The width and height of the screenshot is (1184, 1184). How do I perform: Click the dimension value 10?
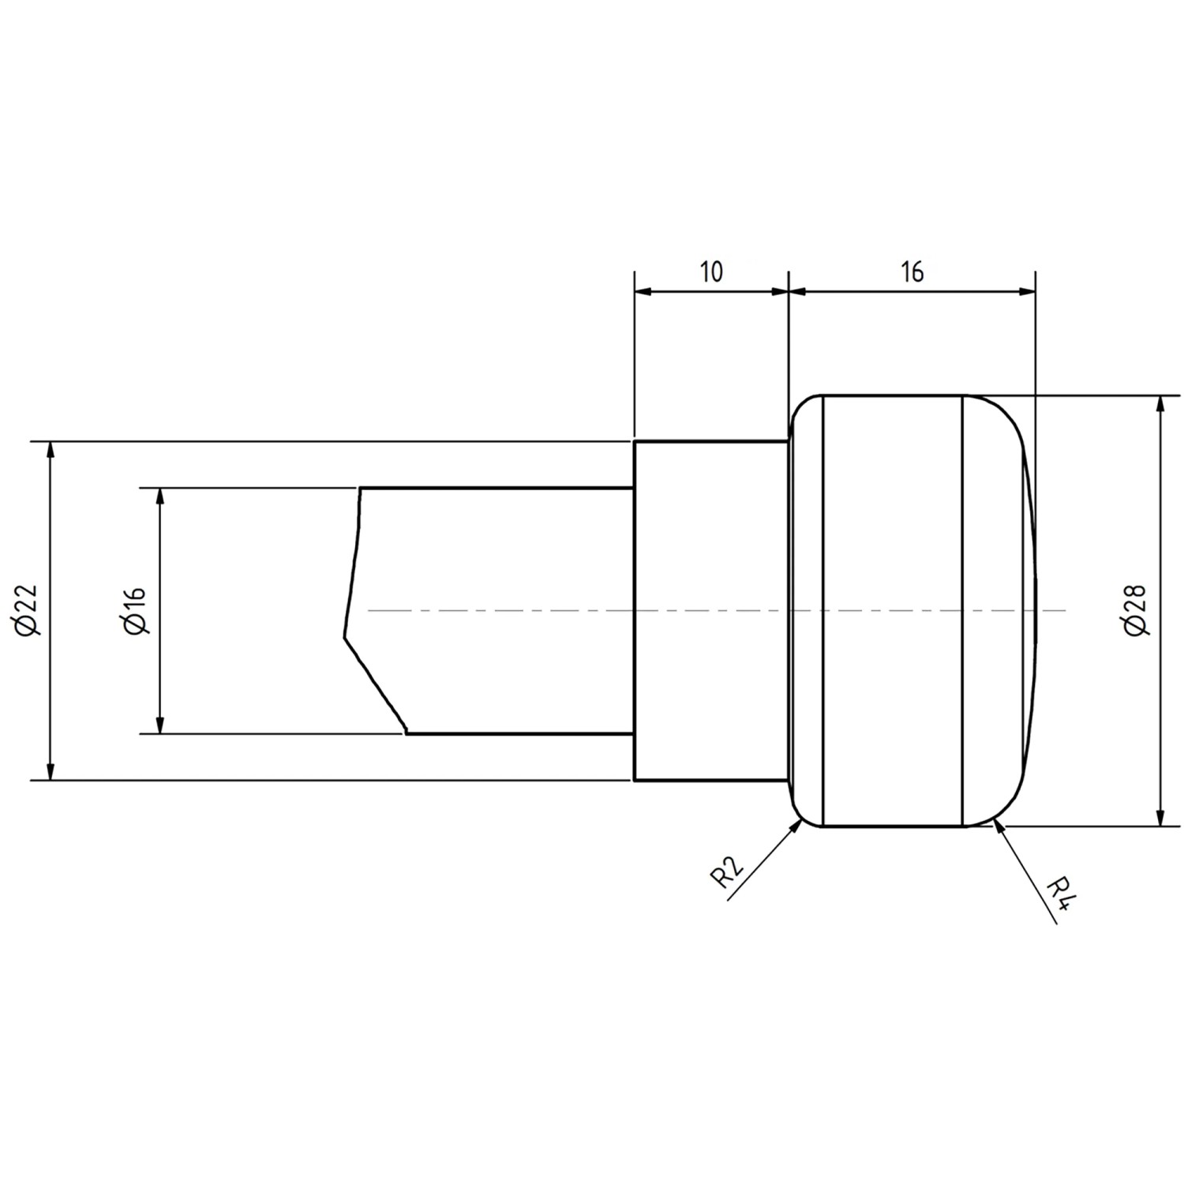tap(710, 272)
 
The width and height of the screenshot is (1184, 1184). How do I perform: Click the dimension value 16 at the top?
tap(912, 272)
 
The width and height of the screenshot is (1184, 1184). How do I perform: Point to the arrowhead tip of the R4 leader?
tap(995, 822)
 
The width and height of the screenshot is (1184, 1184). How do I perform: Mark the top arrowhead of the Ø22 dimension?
tap(51, 447)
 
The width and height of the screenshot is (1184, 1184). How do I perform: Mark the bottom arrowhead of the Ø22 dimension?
tap(51, 775)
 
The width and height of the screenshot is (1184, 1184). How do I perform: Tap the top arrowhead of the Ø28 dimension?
tap(1159, 400)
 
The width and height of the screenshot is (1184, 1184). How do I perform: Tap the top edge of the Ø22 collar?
tap(710, 441)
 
